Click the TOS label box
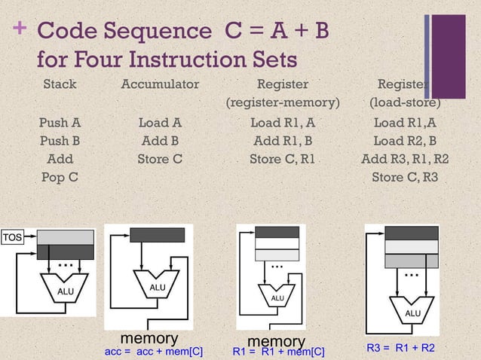13,236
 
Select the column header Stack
60,84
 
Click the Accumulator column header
160,84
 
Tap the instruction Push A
60,122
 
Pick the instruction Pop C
60,178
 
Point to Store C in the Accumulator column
160,159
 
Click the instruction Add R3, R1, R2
406,159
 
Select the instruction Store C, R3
406,178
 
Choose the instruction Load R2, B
406,141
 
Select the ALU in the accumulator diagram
158,287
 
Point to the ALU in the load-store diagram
413,312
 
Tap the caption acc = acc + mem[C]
154,352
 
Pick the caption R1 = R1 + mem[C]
278,352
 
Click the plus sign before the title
18,31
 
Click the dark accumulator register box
157,235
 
